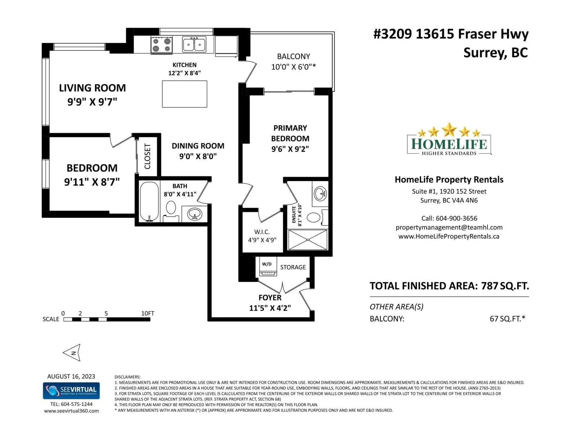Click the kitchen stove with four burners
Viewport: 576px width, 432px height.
tap(161, 45)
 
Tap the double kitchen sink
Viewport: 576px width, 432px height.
tap(194, 45)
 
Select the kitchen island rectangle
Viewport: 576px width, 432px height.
tap(184, 94)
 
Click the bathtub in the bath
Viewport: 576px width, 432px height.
tap(149, 202)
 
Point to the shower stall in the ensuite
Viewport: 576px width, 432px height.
tap(308, 240)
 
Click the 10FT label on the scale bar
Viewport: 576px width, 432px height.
tap(148, 313)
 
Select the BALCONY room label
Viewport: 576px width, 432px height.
tap(293, 57)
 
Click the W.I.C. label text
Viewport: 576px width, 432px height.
tap(262, 232)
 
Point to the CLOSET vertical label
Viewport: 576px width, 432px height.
tap(147, 156)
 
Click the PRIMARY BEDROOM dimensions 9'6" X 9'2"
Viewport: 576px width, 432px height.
tap(290, 149)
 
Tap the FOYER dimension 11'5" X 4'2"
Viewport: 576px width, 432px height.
tap(270, 308)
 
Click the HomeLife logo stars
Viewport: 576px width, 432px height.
tap(449, 130)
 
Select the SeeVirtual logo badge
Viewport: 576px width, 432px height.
tap(71, 391)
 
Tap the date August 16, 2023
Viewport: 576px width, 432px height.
tap(71, 376)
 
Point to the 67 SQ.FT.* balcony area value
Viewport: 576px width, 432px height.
tap(507, 319)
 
